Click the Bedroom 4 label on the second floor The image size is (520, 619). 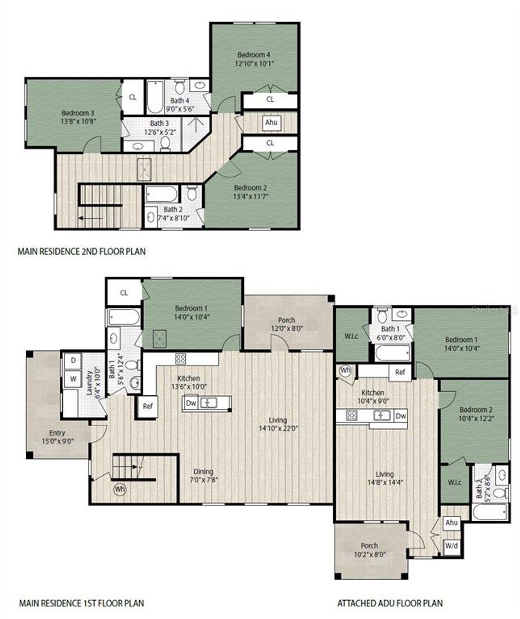coord(254,55)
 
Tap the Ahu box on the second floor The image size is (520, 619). coord(271,123)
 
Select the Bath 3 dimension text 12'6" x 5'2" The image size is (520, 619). coord(160,131)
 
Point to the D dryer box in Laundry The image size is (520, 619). coord(73,360)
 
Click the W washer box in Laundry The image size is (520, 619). coord(73,379)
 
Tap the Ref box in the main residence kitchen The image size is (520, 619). coord(147,406)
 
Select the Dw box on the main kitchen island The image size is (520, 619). coord(191,403)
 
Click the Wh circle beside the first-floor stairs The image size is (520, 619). coord(119,489)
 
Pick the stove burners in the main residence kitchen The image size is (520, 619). coord(180,359)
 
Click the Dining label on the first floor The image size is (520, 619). coord(203,471)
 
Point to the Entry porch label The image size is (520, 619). coord(57,433)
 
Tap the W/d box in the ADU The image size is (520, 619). coord(451,546)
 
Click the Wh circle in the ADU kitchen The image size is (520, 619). coord(345,371)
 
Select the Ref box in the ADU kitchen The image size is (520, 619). coord(400,372)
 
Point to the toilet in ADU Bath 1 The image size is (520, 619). coord(382,315)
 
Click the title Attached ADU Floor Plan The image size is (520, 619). coord(390,603)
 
